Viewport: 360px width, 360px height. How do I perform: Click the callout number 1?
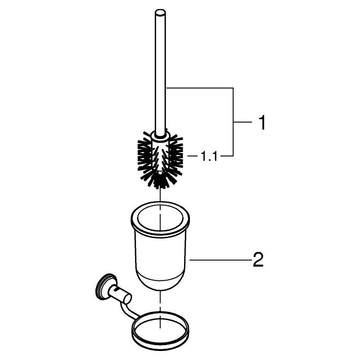(x=261, y=123)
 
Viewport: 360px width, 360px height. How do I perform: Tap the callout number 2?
(x=258, y=260)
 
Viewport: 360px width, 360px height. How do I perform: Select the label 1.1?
(x=209, y=156)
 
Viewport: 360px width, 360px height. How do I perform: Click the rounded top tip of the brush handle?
(x=160, y=12)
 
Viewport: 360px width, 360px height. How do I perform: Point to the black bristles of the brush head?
(x=161, y=161)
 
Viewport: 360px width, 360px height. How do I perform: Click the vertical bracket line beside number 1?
(x=233, y=122)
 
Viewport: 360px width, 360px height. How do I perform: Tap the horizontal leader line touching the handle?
(x=199, y=88)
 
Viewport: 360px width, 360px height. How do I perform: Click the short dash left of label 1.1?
(x=193, y=156)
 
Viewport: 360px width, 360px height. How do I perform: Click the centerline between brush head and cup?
(x=160, y=195)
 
